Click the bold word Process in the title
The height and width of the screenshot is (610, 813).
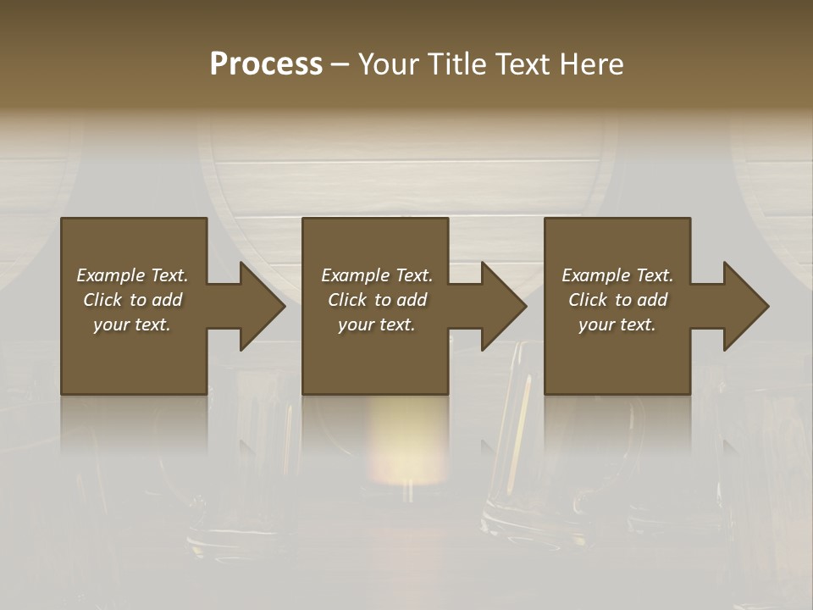(266, 64)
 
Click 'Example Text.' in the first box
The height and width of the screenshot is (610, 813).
(132, 275)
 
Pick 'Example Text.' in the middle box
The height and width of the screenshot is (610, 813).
(377, 275)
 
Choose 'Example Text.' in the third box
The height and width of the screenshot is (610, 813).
(617, 275)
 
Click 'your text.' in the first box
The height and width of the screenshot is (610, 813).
(132, 324)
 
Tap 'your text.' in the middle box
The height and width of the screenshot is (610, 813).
(377, 324)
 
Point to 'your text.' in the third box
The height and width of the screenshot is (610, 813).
(617, 324)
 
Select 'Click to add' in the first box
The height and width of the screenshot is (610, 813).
(132, 300)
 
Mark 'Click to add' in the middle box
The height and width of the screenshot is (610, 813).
(377, 300)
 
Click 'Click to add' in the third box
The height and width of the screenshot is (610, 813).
(617, 300)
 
